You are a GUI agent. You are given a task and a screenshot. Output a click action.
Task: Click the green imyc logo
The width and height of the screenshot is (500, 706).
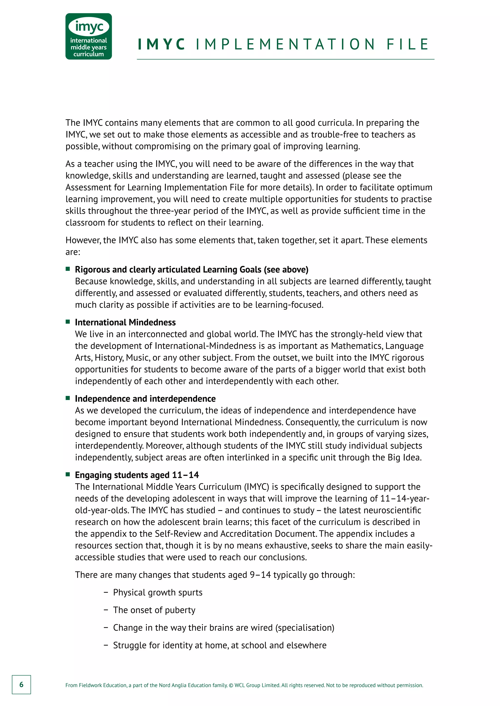(88, 36)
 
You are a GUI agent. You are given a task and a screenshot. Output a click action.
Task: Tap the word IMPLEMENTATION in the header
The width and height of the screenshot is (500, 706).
(285, 44)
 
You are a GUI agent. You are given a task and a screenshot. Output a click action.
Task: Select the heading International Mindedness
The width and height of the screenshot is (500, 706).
(125, 322)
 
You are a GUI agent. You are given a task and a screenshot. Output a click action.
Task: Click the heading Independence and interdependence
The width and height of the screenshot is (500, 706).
(145, 399)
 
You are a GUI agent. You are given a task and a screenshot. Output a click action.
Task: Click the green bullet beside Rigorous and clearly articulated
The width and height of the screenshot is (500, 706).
(68, 269)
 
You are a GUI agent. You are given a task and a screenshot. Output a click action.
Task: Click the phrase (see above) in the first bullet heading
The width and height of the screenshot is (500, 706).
(286, 269)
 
